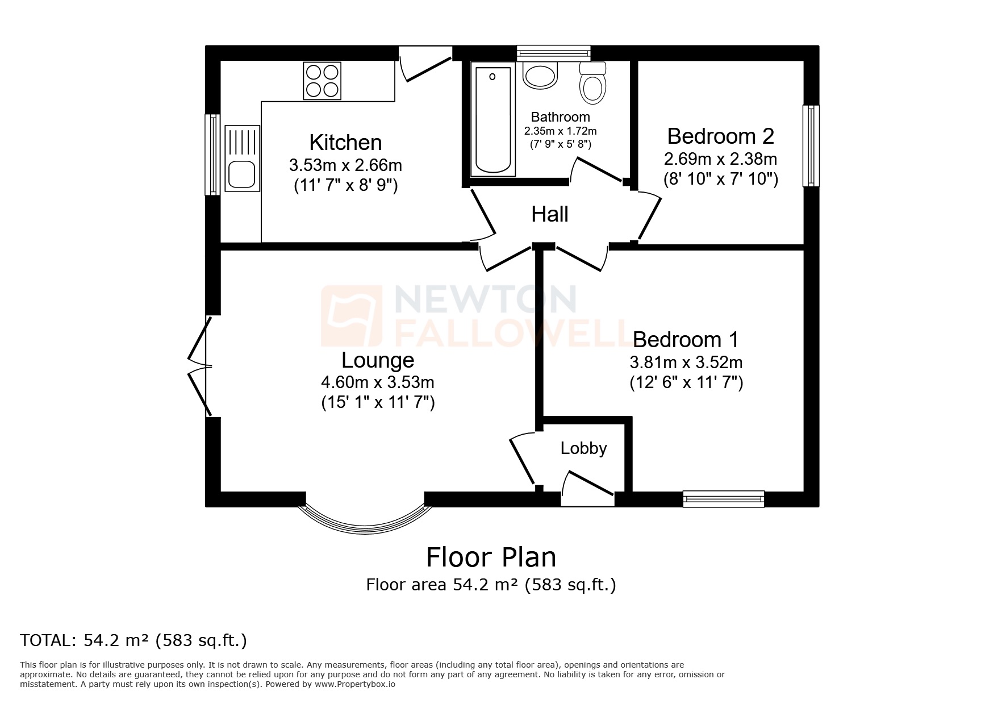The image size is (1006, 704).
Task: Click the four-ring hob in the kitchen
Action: click(x=323, y=81)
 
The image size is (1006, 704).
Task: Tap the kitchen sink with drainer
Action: click(x=243, y=158)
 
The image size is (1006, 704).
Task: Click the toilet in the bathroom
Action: click(x=593, y=84)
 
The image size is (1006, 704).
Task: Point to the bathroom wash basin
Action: click(x=541, y=76)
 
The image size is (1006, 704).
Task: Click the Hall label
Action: click(x=549, y=215)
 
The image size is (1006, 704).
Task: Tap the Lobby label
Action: click(x=583, y=448)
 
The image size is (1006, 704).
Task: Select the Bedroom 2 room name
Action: click(x=720, y=136)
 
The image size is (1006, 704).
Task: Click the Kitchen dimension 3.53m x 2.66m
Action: click(x=345, y=165)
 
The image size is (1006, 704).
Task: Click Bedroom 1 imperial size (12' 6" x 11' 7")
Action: click(x=686, y=382)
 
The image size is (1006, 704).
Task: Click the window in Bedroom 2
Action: click(x=811, y=146)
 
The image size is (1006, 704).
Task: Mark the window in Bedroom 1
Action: click(x=723, y=499)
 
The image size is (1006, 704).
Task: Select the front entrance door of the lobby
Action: click(x=588, y=488)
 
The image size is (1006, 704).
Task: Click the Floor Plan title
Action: click(x=491, y=557)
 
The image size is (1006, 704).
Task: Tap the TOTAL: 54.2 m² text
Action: click(x=133, y=640)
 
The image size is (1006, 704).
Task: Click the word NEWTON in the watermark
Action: click(x=485, y=299)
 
